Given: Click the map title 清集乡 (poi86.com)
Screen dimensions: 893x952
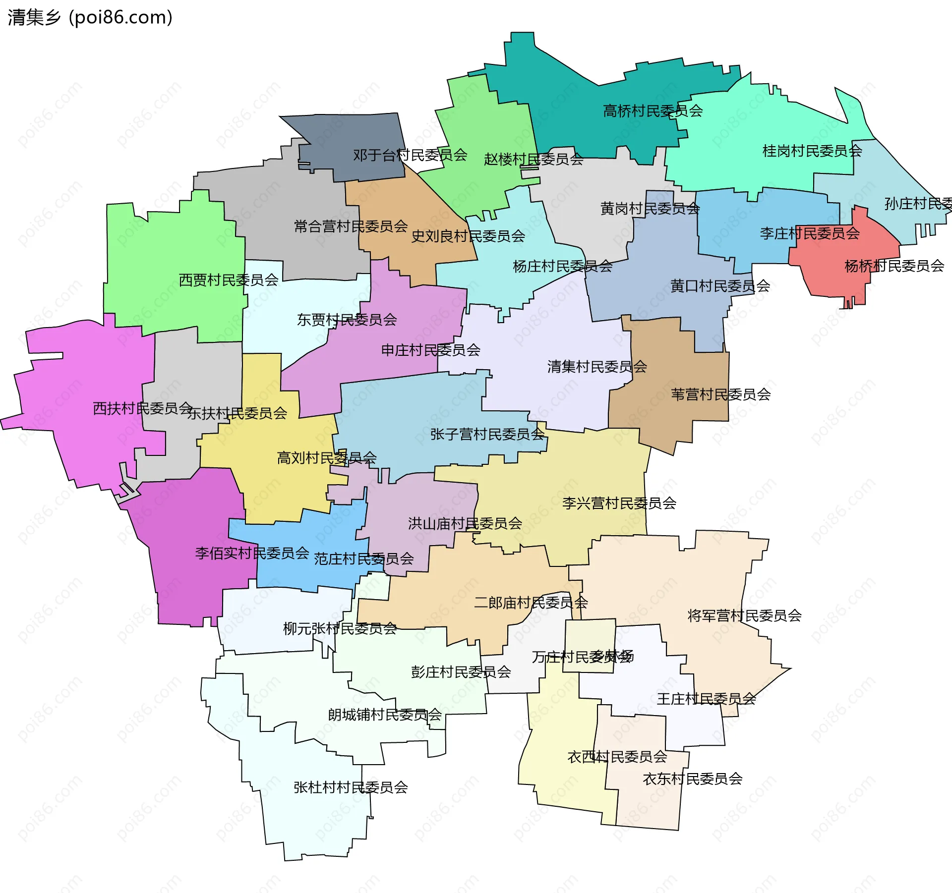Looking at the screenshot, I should coord(90,17).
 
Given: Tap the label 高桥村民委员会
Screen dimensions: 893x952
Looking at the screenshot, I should coord(653,111).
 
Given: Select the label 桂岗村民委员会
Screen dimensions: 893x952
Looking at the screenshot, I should coord(812,151).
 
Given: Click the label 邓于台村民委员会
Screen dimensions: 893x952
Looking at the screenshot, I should coord(410,155).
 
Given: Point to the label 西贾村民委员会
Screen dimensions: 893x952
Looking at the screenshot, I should coord(228,280).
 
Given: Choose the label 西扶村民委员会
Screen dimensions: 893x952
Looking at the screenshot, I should coord(142,408).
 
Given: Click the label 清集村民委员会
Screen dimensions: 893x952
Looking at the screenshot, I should coord(597,367).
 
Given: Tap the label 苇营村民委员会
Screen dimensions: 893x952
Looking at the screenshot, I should coord(720,394).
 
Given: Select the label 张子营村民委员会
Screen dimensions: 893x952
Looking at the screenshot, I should coord(487,434).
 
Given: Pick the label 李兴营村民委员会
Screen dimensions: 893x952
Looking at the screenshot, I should coord(619,503).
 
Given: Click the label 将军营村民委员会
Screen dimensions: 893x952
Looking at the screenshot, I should coord(744,615).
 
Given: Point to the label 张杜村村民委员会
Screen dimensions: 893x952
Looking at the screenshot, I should coord(351,787).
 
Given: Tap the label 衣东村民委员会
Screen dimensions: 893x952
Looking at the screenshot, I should coord(692,779).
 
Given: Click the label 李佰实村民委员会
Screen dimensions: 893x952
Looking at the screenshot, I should coord(252,553).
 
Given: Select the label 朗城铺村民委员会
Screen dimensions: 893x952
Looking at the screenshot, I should coord(384,715).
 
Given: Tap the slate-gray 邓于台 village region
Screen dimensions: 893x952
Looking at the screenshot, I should coord(357,134).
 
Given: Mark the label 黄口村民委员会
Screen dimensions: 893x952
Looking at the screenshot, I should coord(720,286).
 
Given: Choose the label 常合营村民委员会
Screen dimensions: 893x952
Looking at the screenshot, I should coord(351,226).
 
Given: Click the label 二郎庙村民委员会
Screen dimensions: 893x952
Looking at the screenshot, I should coord(531,603).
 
